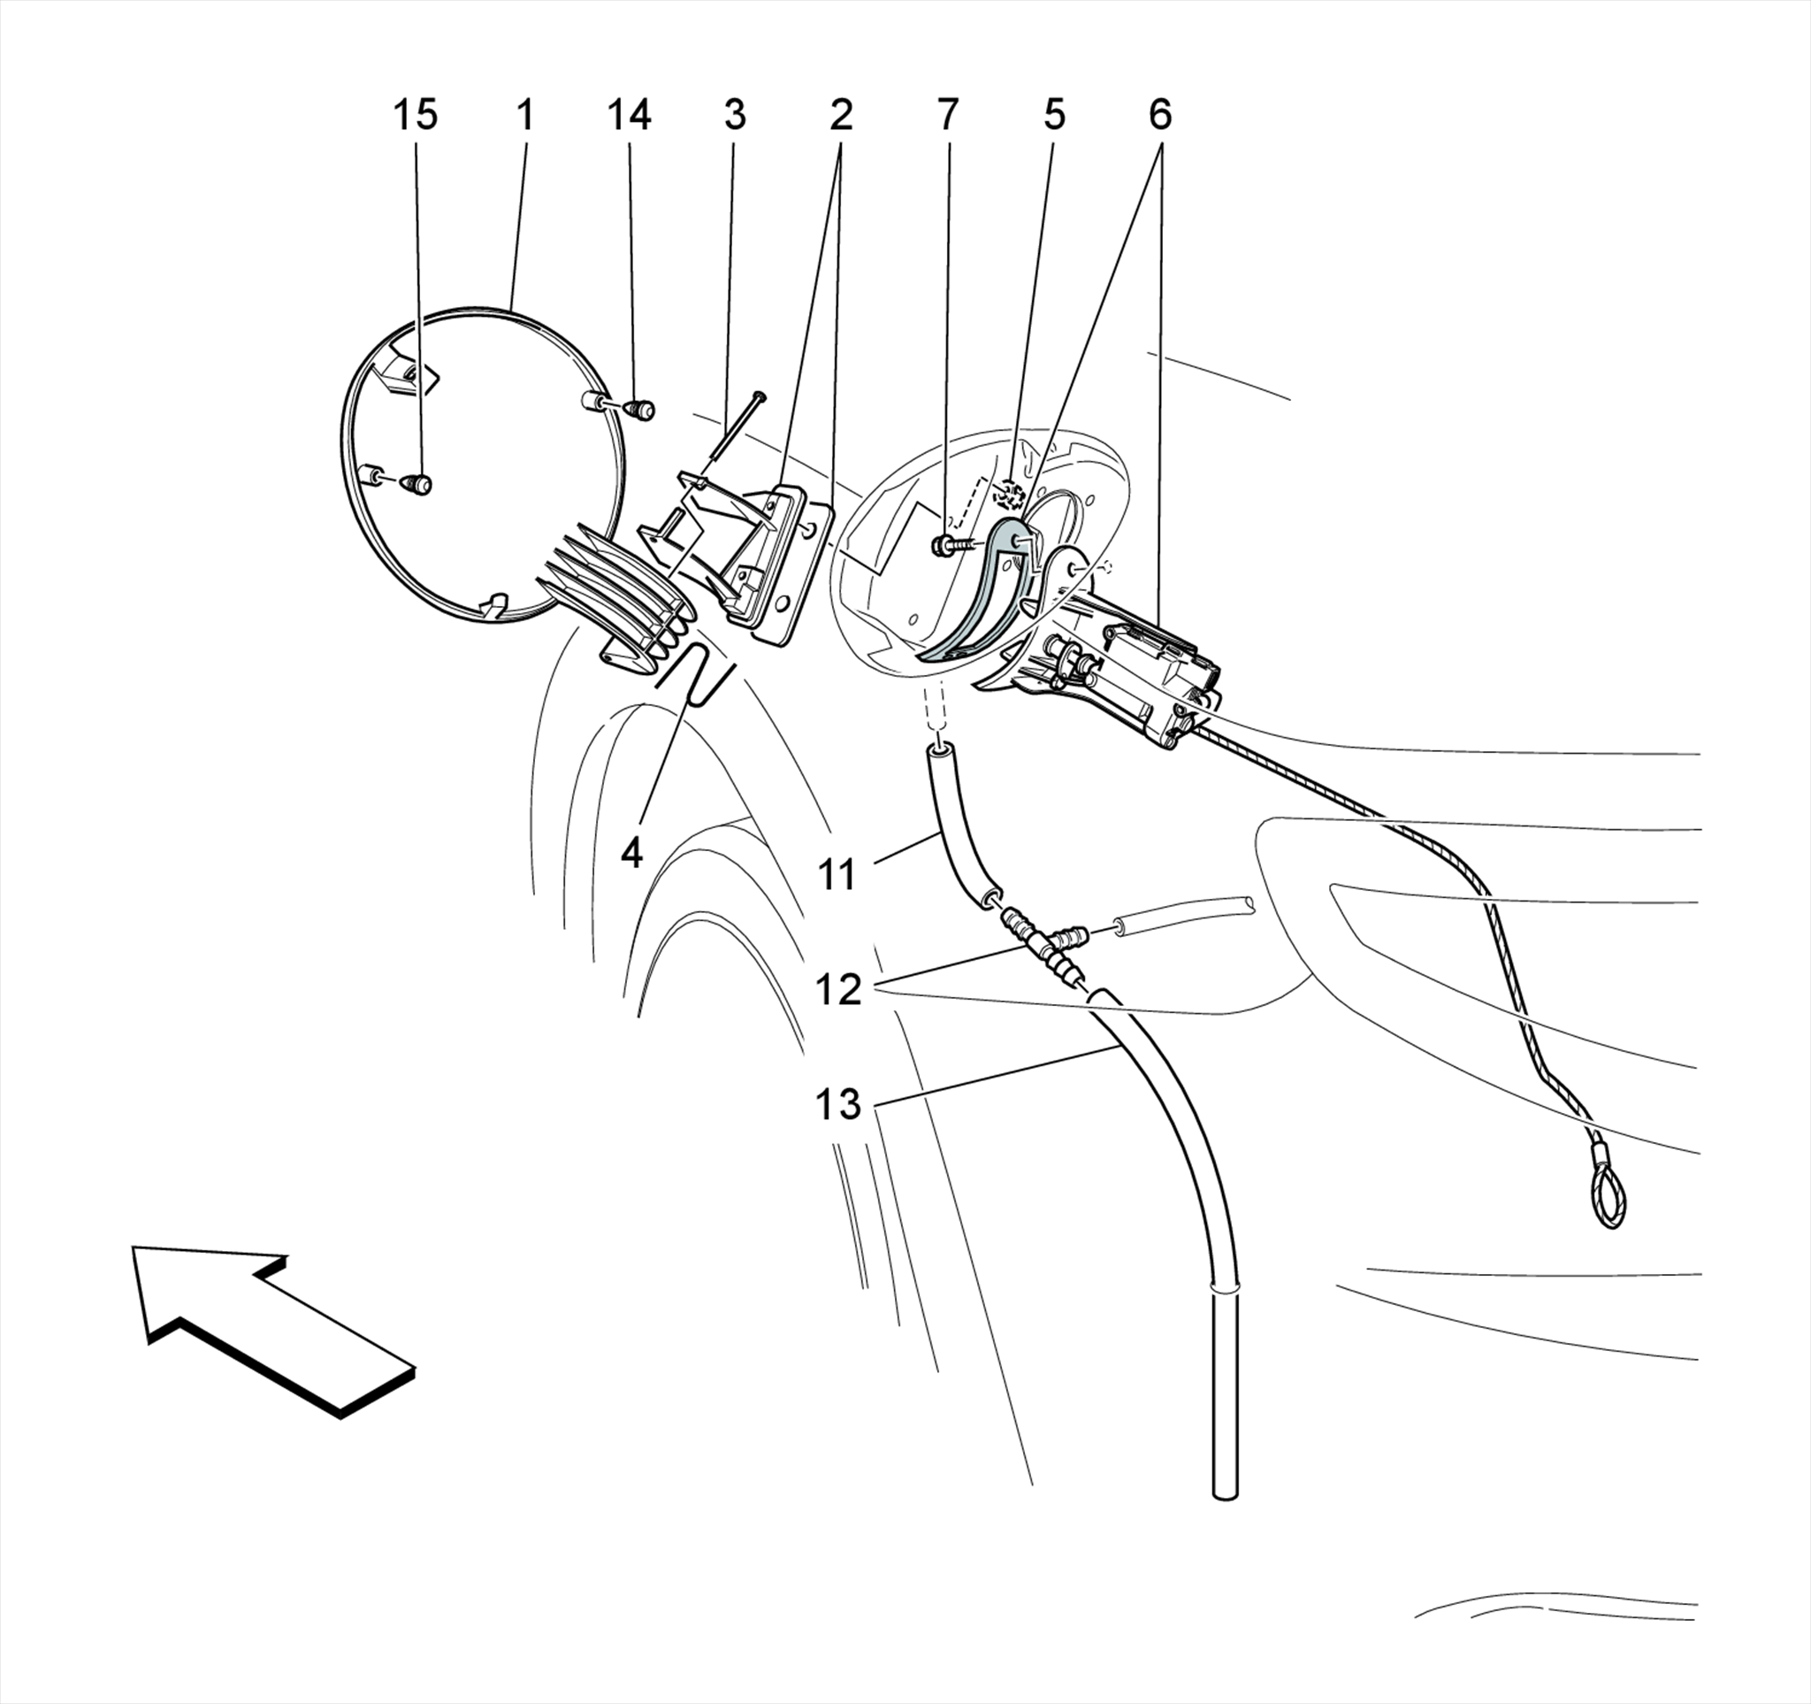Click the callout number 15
point(415,116)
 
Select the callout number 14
point(629,116)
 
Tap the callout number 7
point(947,116)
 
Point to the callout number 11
point(837,875)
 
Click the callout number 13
point(837,1105)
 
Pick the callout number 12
point(837,990)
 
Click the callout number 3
point(734,116)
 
